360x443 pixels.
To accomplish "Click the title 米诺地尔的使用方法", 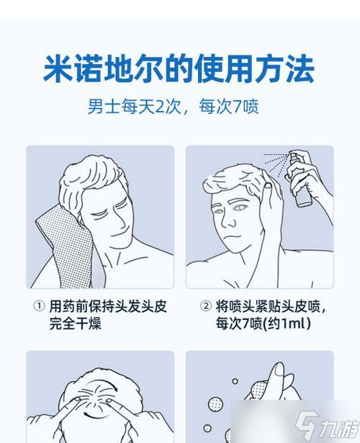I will coord(179,71).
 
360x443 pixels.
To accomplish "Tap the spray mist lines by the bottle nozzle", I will coord(274,156).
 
